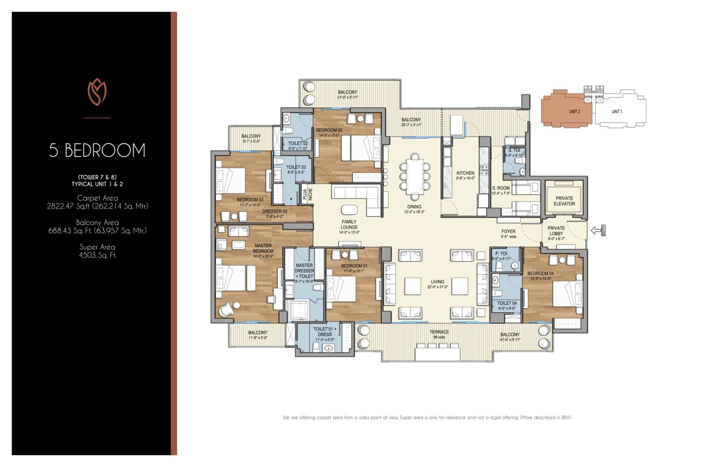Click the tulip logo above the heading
coord(97,92)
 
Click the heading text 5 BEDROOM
coord(97,151)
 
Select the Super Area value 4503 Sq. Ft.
coord(97,255)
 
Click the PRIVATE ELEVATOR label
coord(564,201)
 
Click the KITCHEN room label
coord(465,173)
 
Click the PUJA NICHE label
coord(308,193)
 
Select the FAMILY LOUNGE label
coord(349,225)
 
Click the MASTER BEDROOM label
coord(263,248)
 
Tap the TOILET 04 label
coord(506,303)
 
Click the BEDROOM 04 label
coord(540,274)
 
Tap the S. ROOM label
coord(500,188)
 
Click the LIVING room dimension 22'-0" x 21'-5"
coord(437,288)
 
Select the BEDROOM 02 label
coord(329,130)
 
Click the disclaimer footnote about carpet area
coord(427,418)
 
